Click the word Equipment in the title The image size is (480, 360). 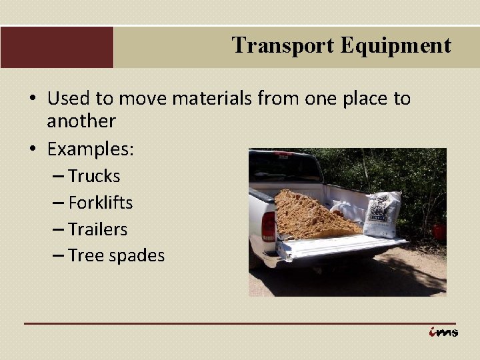click(x=396, y=45)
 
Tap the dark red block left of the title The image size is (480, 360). click(x=57, y=47)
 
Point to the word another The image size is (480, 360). click(x=81, y=121)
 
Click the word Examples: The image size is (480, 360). click(x=91, y=149)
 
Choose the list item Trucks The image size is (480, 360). click(x=94, y=176)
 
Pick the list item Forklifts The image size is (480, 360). click(x=100, y=203)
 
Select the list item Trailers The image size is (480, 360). click(x=97, y=229)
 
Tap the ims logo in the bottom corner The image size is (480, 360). click(x=443, y=331)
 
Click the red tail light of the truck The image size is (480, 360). click(x=268, y=226)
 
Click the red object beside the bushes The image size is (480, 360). click(x=439, y=232)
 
